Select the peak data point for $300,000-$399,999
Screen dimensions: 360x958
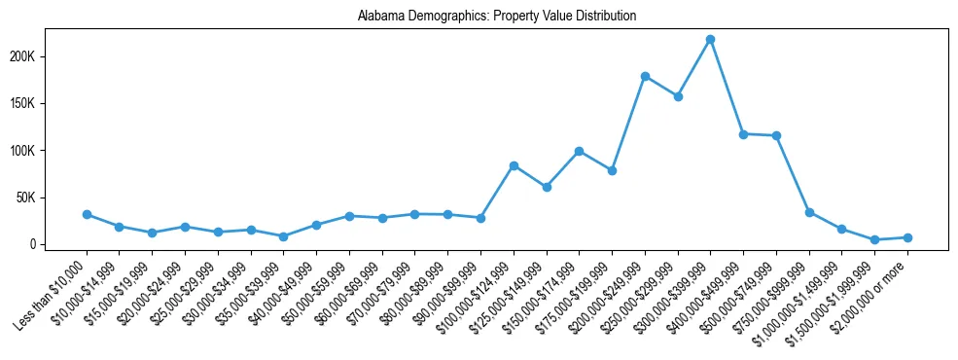[711, 39]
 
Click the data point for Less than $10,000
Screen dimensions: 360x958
[87, 214]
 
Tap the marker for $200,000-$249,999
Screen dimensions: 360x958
[645, 76]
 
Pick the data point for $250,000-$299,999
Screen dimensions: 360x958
[678, 96]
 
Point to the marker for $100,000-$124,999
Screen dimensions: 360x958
[514, 165]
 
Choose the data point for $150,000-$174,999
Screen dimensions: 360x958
[579, 151]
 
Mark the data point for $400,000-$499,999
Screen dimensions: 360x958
[743, 134]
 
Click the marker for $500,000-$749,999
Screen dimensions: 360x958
[776, 136]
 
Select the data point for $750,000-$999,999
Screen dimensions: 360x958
[809, 212]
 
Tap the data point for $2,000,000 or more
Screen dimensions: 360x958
[907, 237]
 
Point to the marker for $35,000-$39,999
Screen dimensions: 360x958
[283, 236]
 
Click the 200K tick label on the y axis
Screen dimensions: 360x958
[49, 56]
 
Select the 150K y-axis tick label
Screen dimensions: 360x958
[49, 103]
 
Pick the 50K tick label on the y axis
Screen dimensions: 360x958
[52, 198]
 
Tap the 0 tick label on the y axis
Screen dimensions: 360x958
[59, 244]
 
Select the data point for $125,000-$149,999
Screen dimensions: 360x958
[547, 187]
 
